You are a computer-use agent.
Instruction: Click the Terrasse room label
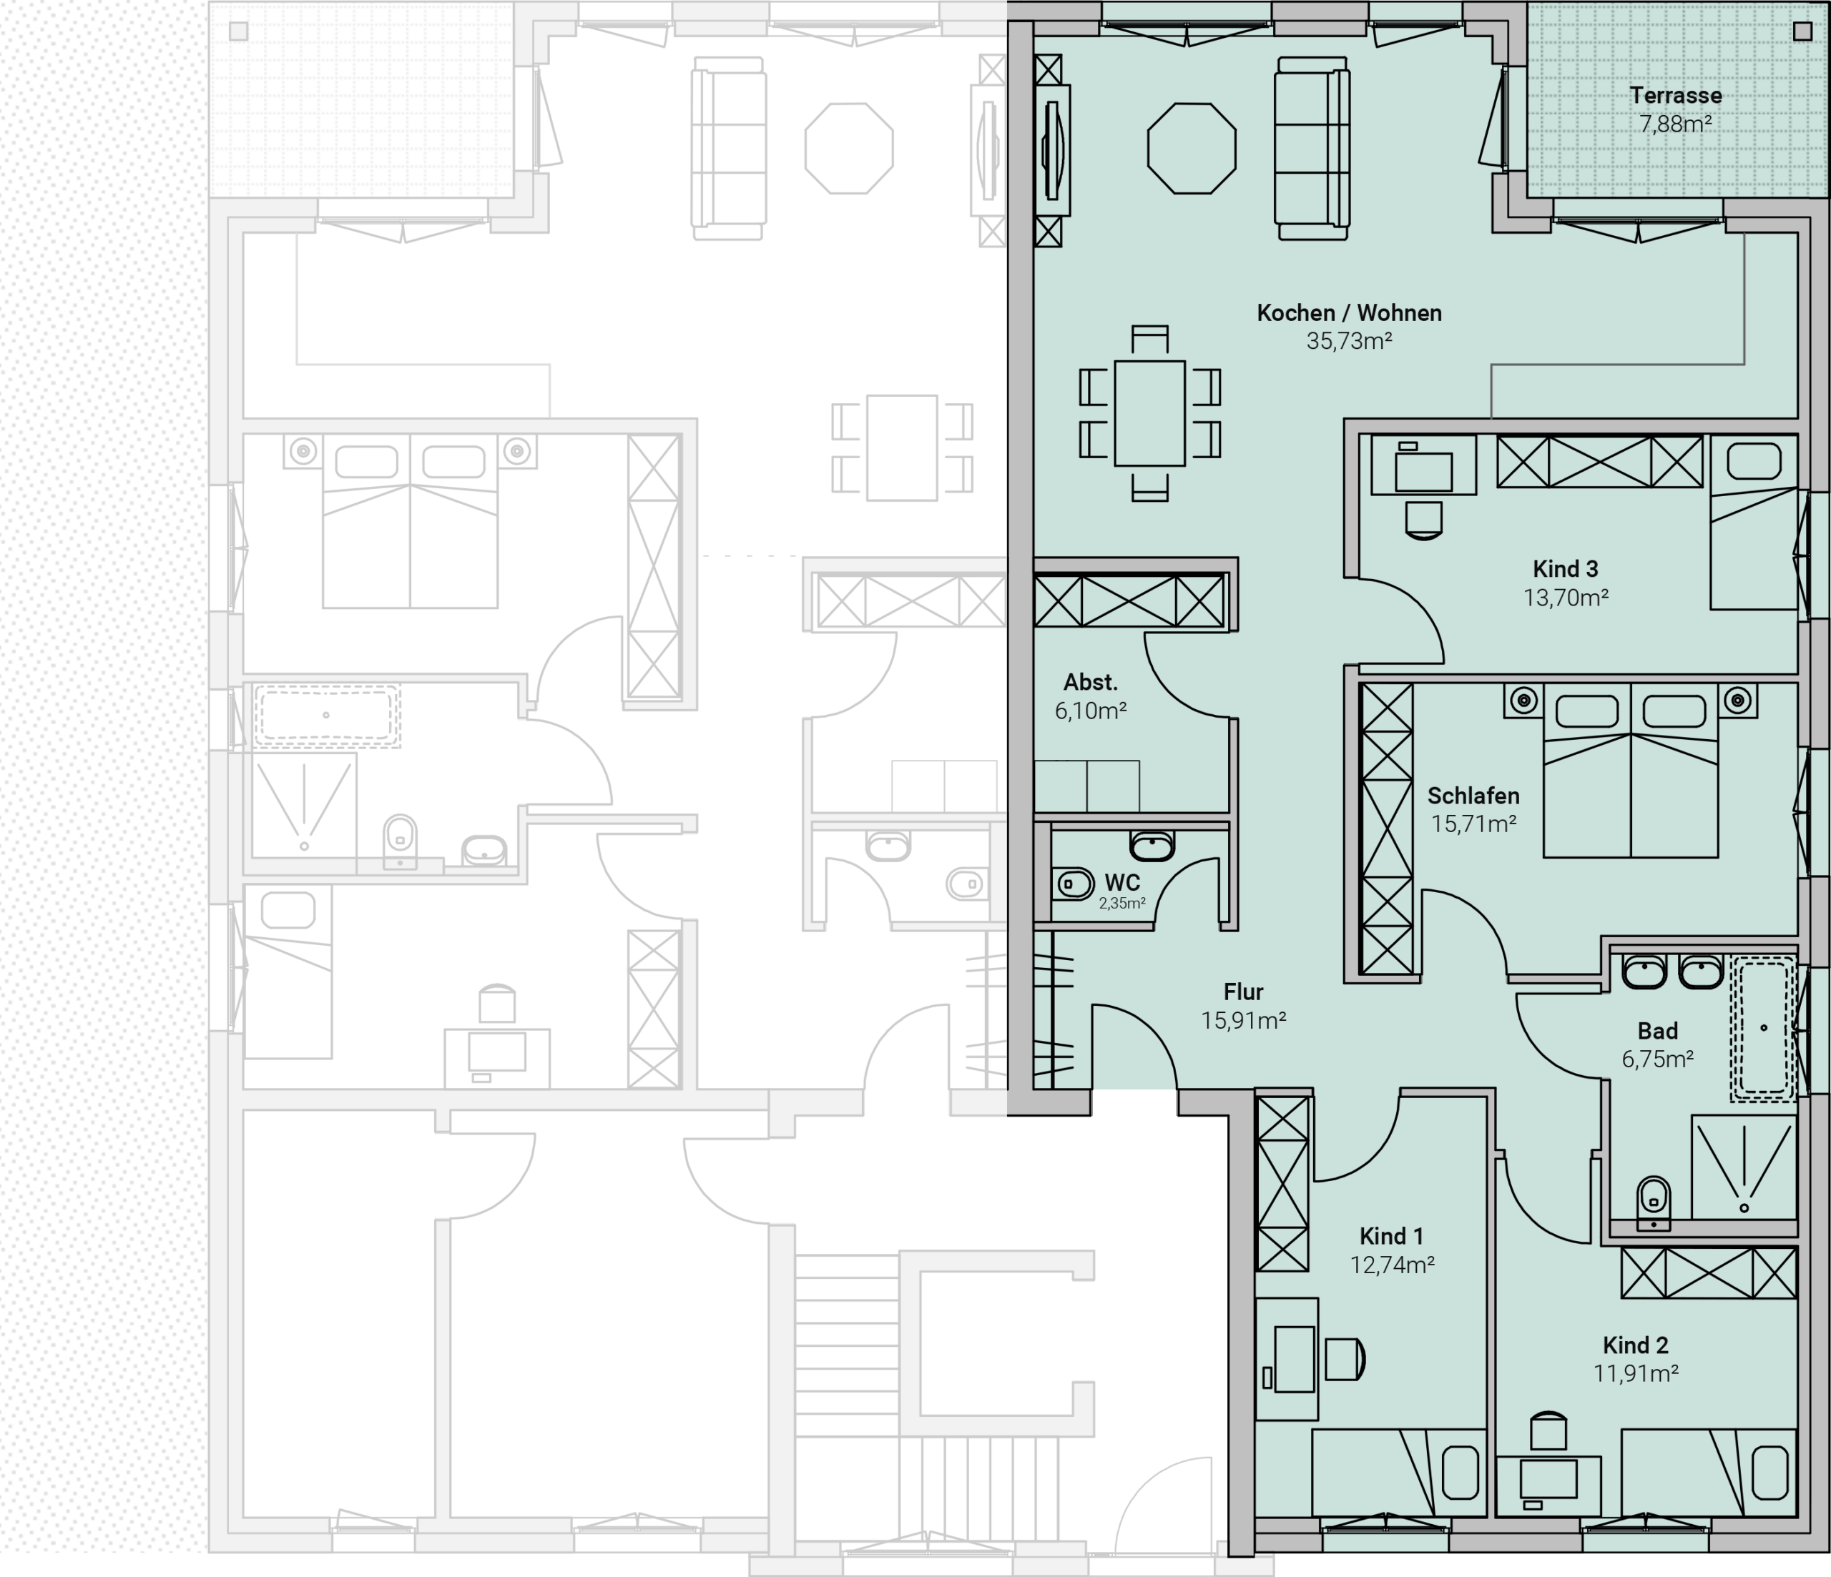click(1676, 95)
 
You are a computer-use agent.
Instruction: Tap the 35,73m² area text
click(1350, 341)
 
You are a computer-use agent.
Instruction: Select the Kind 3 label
click(1565, 569)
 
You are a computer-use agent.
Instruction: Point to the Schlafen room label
click(1473, 796)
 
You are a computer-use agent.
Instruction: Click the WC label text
click(1122, 883)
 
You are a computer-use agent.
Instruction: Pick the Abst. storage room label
click(1091, 682)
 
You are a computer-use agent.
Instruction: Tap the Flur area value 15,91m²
click(1243, 1020)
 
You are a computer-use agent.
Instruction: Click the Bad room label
click(1658, 1031)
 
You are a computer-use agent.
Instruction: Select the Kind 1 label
click(1392, 1236)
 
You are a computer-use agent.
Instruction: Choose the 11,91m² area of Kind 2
click(1636, 1373)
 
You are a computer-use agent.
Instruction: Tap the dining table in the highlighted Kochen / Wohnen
click(1149, 412)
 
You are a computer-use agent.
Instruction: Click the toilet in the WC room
click(1074, 884)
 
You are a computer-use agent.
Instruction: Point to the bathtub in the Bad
click(1763, 1029)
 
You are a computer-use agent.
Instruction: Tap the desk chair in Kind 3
click(1423, 520)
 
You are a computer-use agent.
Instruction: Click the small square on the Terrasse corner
click(1802, 31)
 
